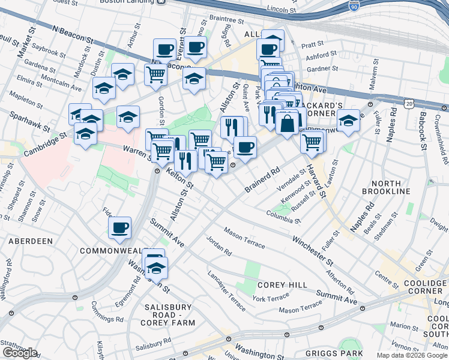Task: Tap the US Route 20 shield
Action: pyautogui.click(x=409, y=104)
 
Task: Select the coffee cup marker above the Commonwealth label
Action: pyautogui.click(x=120, y=227)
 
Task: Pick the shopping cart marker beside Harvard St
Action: pyautogui.click(x=312, y=142)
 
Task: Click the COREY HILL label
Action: pyautogui.click(x=282, y=285)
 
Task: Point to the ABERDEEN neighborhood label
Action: pyautogui.click(x=30, y=241)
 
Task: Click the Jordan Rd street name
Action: pyautogui.click(x=218, y=248)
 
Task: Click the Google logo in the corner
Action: pyautogui.click(x=20, y=353)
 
